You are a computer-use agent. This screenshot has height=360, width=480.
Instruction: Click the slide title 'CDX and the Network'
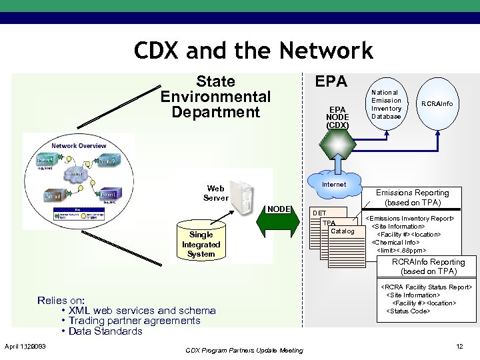point(253,50)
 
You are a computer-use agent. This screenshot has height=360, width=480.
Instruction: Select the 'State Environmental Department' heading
point(215,97)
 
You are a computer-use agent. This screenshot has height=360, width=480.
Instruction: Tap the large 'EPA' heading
point(331,81)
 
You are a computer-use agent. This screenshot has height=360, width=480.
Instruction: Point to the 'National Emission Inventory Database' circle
point(386,105)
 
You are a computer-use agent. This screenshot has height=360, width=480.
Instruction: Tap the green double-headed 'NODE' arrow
point(279,221)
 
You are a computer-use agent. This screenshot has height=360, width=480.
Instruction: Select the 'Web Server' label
point(215,193)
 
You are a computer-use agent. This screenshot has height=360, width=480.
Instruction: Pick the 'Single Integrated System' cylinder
point(201,243)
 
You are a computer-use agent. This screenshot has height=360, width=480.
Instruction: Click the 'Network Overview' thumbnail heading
point(79,145)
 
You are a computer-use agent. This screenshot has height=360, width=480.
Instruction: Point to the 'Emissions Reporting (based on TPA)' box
point(413,197)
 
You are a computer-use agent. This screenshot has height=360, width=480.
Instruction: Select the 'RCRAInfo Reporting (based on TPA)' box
point(429,267)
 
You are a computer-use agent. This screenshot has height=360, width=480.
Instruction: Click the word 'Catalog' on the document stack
point(342,231)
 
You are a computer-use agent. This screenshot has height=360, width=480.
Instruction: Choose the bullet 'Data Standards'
point(105,331)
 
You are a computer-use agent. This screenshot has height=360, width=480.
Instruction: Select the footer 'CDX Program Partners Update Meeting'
point(243,350)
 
